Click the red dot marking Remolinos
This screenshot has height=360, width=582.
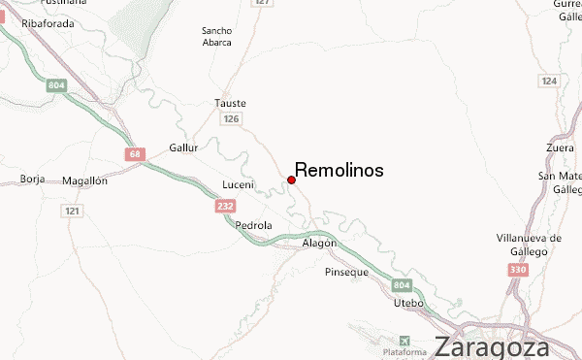291,180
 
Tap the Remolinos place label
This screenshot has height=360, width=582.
339,170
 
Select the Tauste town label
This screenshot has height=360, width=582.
230,103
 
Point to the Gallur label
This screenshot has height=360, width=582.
183,147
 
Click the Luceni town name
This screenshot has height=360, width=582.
238,184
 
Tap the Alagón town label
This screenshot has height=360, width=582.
317,243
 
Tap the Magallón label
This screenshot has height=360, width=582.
83,180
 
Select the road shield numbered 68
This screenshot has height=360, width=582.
133,153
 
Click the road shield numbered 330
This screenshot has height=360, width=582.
518,269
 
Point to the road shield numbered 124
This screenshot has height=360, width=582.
550,80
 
